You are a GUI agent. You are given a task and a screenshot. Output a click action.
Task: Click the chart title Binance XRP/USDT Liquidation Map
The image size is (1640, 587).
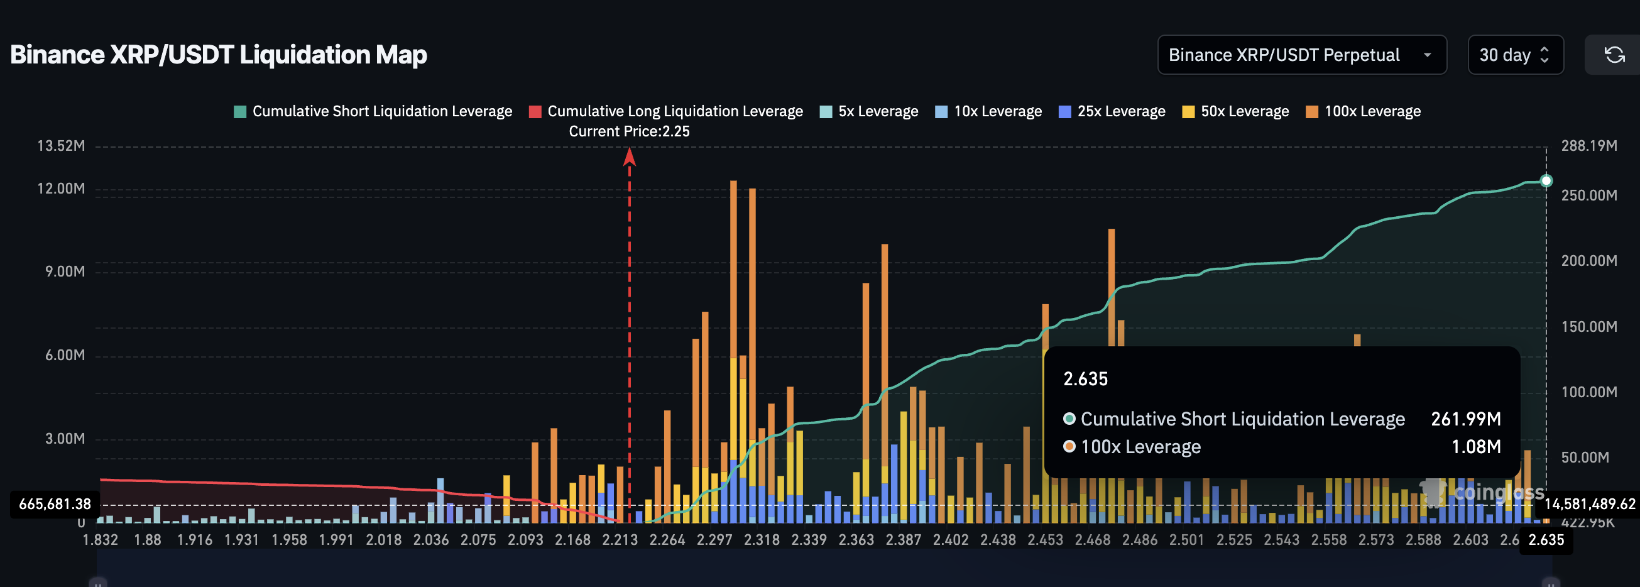(219, 55)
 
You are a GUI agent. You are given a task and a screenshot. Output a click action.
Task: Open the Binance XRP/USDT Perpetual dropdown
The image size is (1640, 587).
(1301, 55)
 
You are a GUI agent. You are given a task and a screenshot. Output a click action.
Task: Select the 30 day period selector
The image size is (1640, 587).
(1514, 55)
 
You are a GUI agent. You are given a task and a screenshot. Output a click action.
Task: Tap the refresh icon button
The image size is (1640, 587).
(1614, 55)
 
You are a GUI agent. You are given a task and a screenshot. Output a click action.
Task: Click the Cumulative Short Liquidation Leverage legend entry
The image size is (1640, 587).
(373, 111)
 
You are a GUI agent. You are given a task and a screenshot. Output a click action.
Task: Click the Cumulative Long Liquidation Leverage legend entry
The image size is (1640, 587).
(666, 111)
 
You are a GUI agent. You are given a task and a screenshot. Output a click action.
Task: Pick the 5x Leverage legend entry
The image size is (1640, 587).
(869, 111)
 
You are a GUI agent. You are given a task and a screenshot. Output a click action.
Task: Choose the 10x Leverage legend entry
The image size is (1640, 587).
(988, 111)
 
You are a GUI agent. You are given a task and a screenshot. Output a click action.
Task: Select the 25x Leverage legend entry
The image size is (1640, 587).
(1112, 111)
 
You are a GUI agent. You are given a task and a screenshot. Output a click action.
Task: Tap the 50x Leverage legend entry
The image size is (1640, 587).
(1236, 111)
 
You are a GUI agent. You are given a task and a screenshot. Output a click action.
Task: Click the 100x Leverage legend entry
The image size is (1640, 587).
(1363, 111)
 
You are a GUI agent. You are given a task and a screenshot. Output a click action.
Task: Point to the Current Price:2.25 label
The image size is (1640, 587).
(629, 131)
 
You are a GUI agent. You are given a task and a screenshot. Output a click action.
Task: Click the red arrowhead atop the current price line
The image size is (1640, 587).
(629, 156)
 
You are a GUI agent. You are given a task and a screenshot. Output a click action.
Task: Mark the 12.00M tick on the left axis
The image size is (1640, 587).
(61, 189)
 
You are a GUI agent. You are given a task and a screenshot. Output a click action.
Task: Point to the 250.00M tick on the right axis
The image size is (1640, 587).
(1588, 195)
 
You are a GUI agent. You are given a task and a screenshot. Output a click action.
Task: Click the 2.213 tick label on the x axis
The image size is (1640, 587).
(620, 540)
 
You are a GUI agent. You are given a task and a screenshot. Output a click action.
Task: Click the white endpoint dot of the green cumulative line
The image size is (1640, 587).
(1546, 181)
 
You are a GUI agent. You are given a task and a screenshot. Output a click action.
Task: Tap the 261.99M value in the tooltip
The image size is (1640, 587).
(1465, 419)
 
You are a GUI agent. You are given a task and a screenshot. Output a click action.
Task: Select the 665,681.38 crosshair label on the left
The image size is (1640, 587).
(55, 504)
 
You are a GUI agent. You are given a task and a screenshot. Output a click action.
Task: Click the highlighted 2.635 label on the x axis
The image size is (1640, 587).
(1546, 540)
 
